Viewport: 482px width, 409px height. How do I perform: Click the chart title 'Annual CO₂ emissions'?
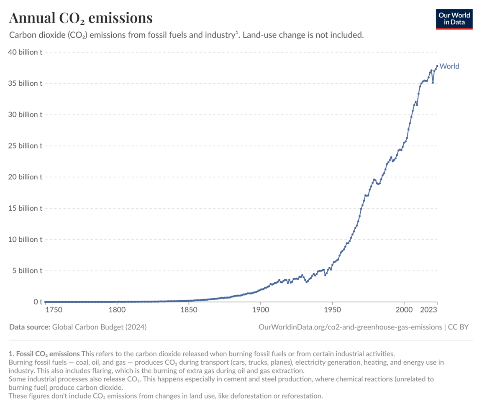coord(81,18)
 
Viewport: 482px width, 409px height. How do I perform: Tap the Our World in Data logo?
coord(454,19)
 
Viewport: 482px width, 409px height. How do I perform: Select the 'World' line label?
coord(449,66)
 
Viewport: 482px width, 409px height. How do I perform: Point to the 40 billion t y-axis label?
coord(25,52)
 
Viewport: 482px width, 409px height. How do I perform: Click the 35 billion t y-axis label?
coord(25,83)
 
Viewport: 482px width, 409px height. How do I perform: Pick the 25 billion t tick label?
coord(25,146)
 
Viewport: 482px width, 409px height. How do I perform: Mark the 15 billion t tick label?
coord(25,208)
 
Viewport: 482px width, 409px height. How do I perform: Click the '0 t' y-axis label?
coord(38,302)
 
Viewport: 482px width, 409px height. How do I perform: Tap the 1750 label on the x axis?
coord(54,310)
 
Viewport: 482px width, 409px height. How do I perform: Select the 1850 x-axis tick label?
coord(189,310)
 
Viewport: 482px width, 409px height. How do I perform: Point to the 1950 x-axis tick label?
coord(332,310)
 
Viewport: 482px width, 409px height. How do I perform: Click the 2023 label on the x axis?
coord(429,310)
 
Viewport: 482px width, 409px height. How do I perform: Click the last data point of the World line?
coord(437,66)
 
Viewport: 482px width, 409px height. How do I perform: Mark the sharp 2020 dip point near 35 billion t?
coord(433,83)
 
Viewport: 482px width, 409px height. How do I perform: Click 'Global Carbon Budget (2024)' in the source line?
coord(99,327)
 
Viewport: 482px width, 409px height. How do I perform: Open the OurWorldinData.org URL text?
coord(350,327)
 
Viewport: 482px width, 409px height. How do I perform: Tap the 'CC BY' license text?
coord(458,327)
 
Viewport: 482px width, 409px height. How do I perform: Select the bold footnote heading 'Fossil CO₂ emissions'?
coord(47,353)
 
